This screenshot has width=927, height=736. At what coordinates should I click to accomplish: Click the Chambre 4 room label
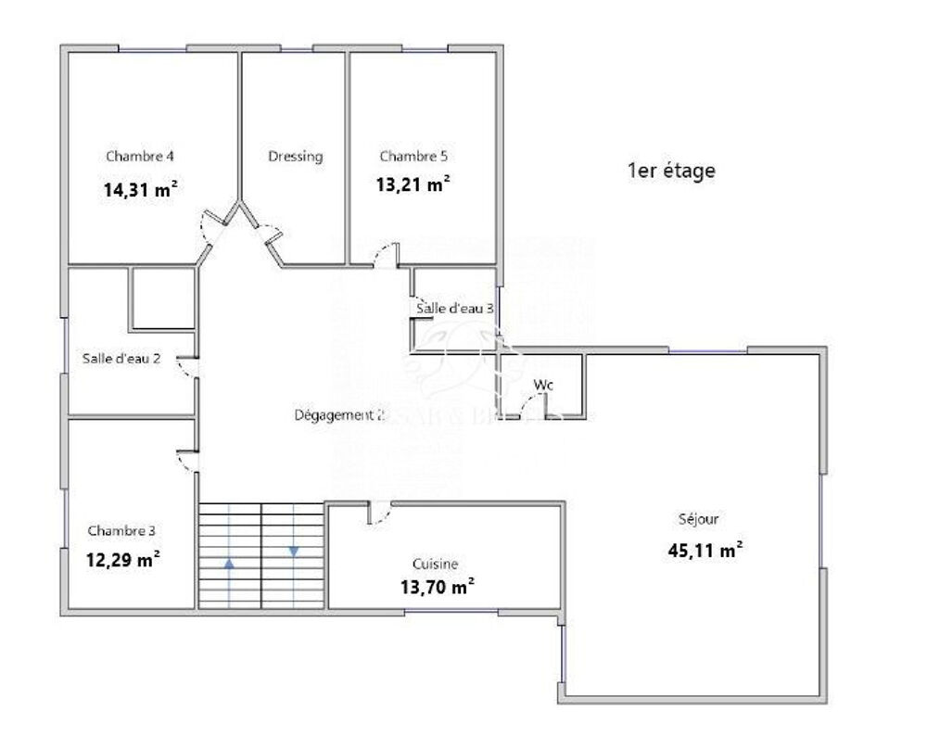140,156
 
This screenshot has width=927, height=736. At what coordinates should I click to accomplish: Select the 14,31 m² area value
140,191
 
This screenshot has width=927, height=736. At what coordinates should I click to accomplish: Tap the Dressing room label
295,157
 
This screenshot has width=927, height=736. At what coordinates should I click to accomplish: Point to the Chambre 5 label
413,156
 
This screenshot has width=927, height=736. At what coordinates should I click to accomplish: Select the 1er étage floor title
671,171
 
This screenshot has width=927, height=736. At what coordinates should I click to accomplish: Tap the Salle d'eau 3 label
454,309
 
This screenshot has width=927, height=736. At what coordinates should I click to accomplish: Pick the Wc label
542,385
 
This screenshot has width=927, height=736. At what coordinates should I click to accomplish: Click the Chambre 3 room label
121,531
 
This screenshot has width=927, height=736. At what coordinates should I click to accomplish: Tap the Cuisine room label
436,564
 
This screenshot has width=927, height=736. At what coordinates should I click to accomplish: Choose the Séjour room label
698,519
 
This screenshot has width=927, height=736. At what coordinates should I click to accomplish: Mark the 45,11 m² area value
705,550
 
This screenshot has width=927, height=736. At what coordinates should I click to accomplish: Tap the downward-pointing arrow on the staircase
294,552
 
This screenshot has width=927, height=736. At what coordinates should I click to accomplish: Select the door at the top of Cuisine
378,514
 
